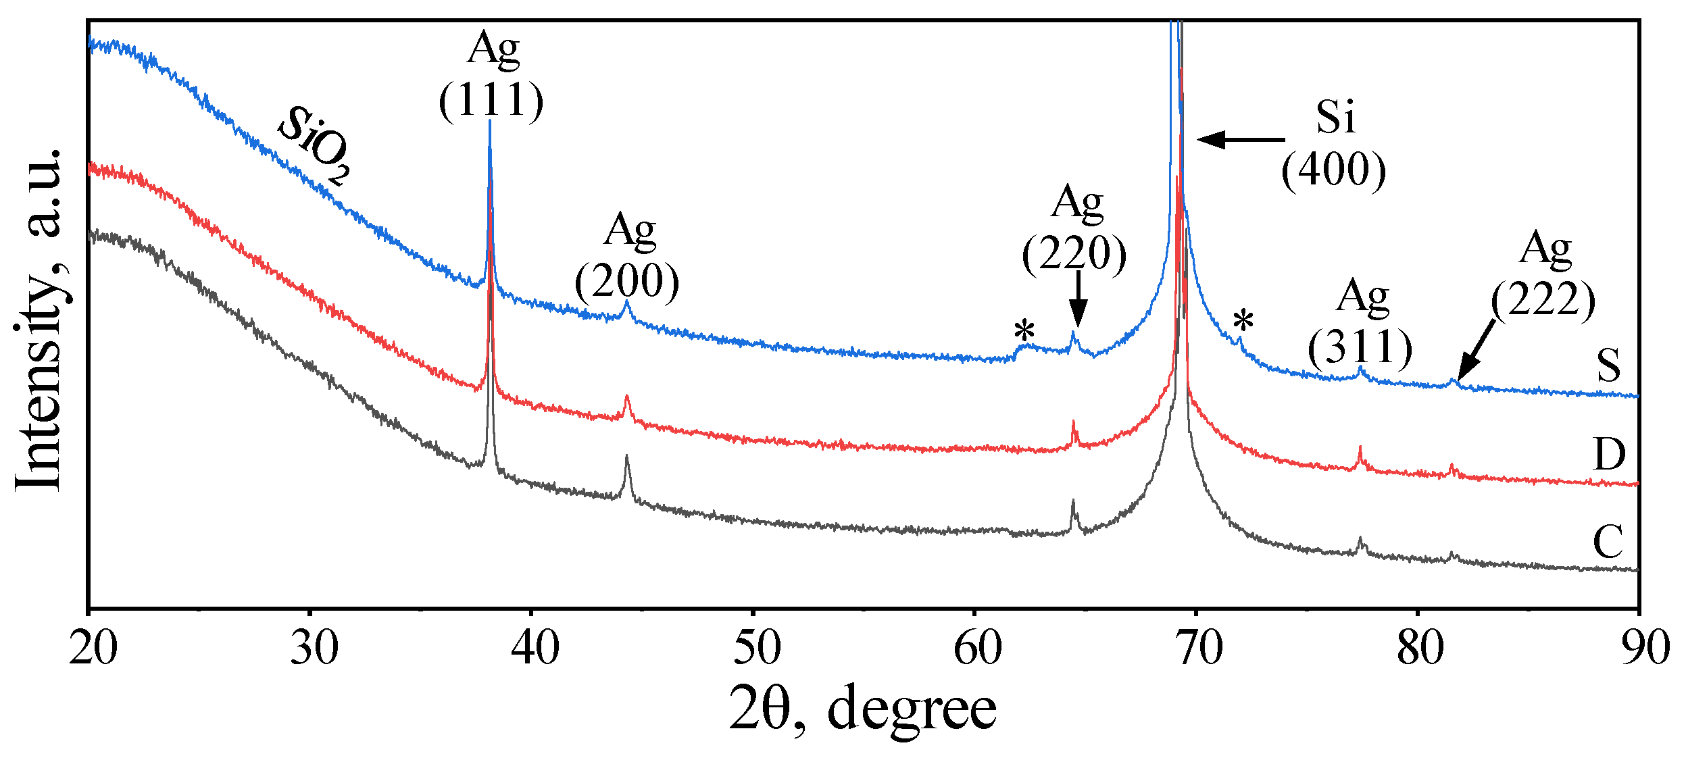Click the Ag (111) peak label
coord(491,76)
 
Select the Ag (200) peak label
coord(627,257)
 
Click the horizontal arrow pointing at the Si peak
coord(1241,140)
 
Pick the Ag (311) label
coord(1360,322)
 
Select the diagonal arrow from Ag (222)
coord(1476,351)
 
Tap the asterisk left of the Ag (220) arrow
coord(1024,332)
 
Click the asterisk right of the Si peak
coord(1243,322)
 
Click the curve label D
coord(1609,454)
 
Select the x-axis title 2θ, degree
coord(862,708)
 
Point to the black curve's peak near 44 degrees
coord(626,457)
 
